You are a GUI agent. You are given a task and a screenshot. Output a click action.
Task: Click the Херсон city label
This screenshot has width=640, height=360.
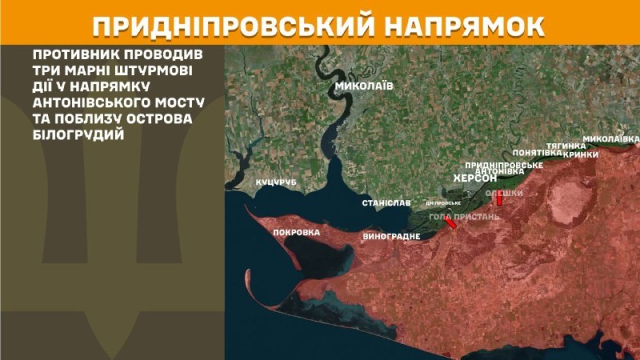tap(475, 178)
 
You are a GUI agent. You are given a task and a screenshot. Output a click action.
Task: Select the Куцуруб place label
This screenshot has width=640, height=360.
tap(276, 183)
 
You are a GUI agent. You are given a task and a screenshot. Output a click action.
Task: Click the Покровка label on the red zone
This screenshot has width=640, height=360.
tap(296, 233)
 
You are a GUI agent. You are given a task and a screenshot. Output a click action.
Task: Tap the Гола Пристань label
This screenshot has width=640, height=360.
tap(464, 217)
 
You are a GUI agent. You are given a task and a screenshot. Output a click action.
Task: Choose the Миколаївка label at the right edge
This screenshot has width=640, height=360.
tap(611, 138)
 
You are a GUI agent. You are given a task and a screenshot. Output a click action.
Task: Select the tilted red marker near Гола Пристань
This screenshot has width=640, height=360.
tap(452, 224)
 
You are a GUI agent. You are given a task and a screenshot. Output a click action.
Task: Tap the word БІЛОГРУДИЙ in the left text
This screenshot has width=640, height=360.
tap(79, 137)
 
